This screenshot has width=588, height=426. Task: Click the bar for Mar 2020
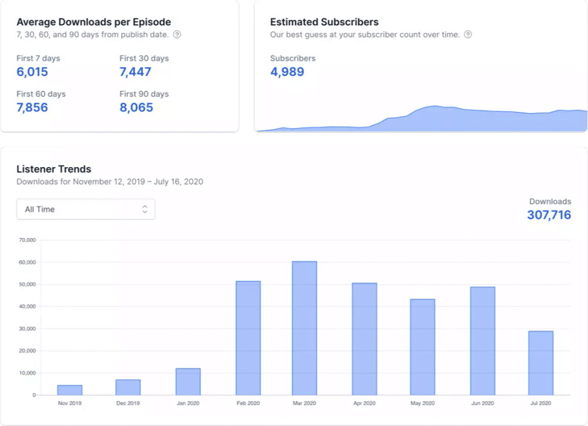click(304, 328)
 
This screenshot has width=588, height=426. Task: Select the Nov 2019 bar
click(70, 390)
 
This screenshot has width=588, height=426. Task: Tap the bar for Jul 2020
click(540, 363)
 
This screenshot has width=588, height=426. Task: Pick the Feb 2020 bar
click(248, 338)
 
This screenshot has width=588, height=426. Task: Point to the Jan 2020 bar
click(188, 381)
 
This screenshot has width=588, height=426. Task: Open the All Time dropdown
click(86, 209)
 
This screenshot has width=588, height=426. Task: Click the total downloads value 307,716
click(549, 215)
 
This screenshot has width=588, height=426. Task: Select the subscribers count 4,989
click(287, 72)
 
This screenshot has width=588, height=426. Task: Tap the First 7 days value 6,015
click(32, 72)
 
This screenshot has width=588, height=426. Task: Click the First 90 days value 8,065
click(136, 108)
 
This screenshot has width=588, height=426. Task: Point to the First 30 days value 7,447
click(135, 72)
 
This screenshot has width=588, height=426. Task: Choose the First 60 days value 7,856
click(32, 108)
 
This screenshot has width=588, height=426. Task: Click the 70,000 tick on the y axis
click(28, 240)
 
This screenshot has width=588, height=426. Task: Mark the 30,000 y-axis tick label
click(28, 329)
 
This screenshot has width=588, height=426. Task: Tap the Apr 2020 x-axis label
click(364, 403)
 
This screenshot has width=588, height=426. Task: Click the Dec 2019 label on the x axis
click(127, 403)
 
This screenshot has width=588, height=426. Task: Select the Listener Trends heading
click(54, 169)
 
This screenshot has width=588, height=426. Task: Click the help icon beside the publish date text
click(177, 35)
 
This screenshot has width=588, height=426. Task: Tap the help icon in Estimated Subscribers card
click(468, 35)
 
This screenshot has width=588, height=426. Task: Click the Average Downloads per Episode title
click(94, 22)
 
